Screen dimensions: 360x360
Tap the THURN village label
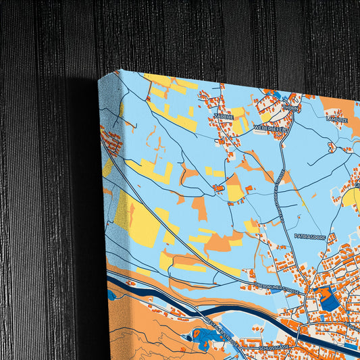click(x=290, y=107)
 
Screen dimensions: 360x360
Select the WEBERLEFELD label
click(x=272, y=126)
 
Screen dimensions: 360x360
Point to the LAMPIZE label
click(x=336, y=118)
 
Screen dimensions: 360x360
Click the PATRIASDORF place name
click(x=311, y=236)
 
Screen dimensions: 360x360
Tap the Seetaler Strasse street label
click(x=220, y=328)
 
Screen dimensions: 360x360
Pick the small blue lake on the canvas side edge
click(x=111, y=295)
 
